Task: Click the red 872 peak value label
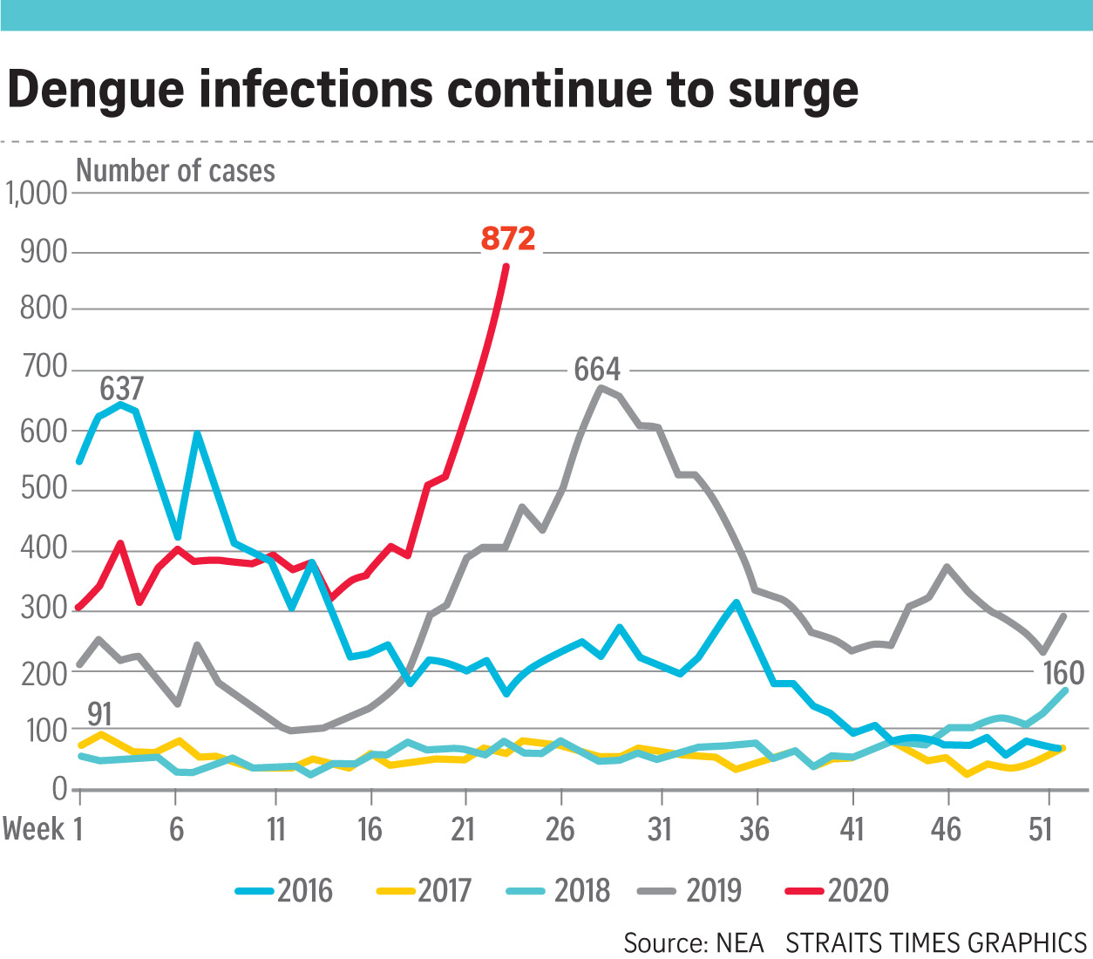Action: (508, 238)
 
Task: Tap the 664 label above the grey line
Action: (597, 370)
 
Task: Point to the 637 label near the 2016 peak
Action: (121, 389)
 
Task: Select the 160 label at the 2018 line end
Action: (1063, 673)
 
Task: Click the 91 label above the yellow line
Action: (99, 714)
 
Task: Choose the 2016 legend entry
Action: (285, 890)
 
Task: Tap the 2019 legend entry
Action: (690, 890)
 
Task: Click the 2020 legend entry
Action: (838, 890)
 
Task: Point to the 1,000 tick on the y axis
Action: (37, 193)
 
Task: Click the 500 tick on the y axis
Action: (43, 489)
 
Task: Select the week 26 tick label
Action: (560, 829)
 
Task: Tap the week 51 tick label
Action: (1041, 829)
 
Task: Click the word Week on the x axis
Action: (33, 829)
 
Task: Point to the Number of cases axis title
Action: (176, 171)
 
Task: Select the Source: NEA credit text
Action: (693, 942)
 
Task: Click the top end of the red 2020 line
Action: (506, 266)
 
